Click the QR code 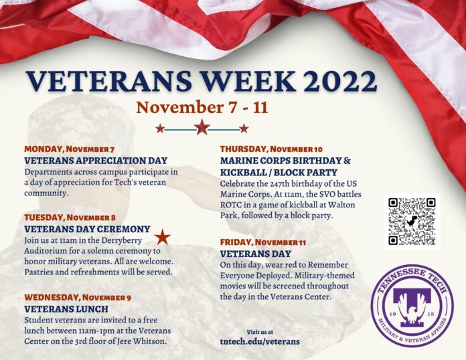pyautogui.click(x=412, y=221)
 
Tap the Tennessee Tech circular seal pyautogui.click(x=412, y=306)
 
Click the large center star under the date pyautogui.click(x=202, y=127)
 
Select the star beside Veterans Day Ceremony pyautogui.click(x=163, y=237)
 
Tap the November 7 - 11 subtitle pyautogui.click(x=202, y=108)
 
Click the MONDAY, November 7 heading pyautogui.click(x=69, y=149)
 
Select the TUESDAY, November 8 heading pyautogui.click(x=70, y=217)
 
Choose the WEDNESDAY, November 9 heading pyautogui.click(x=78, y=297)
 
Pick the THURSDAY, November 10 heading pyautogui.click(x=271, y=149)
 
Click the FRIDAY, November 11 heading pyautogui.click(x=263, y=242)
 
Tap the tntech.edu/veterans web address pyautogui.click(x=260, y=341)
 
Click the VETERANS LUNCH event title pyautogui.click(x=66, y=309)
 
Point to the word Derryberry pyautogui.click(x=122, y=241)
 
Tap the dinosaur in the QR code pyautogui.click(x=412, y=221)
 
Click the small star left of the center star pyautogui.click(x=160, y=128)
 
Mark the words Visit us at pyautogui.click(x=260, y=332)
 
